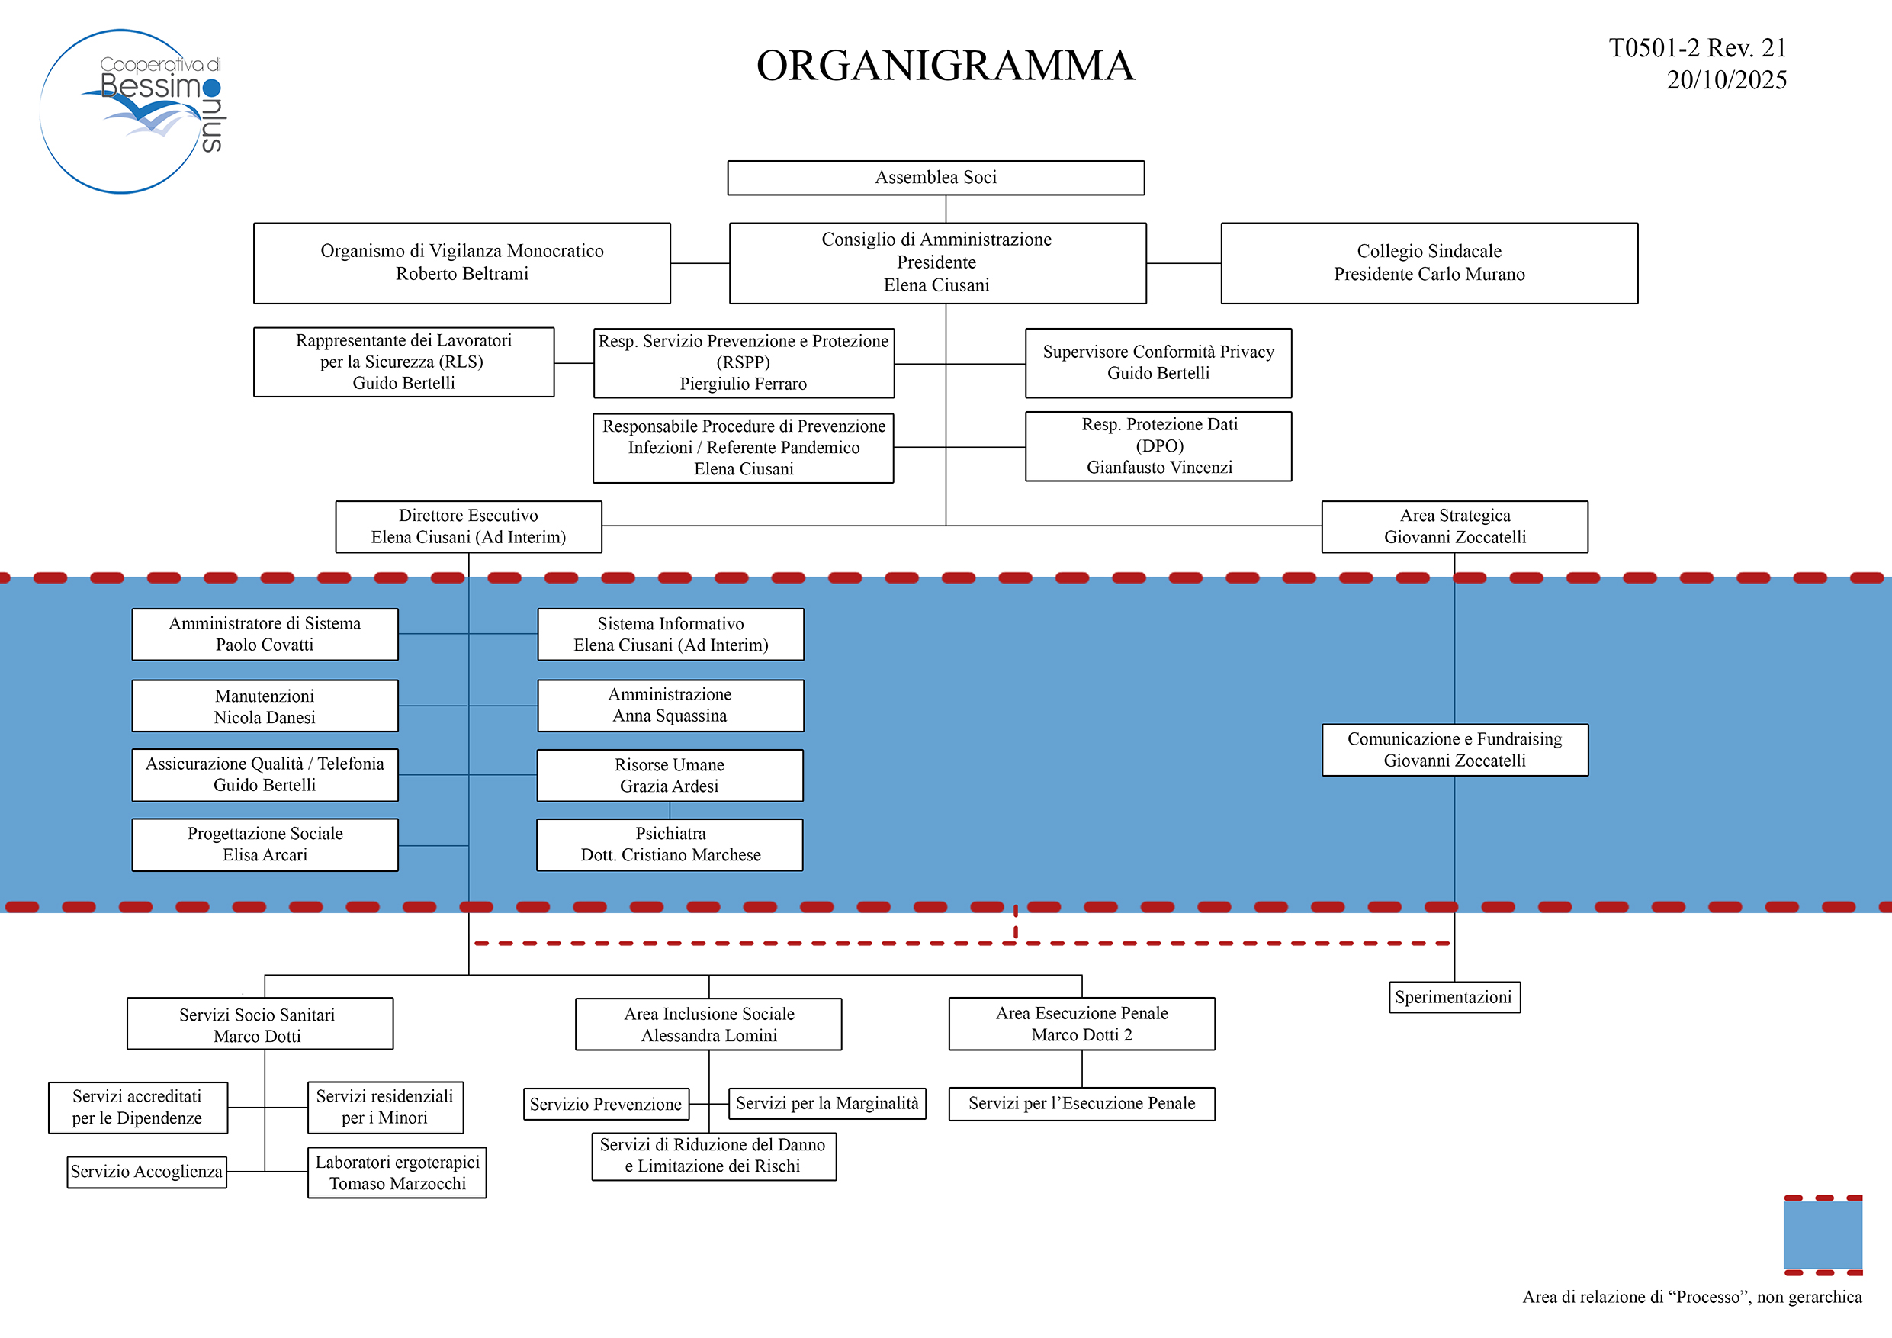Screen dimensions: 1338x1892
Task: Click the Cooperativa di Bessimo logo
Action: coord(132,111)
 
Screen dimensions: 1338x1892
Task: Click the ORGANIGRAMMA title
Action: coord(945,66)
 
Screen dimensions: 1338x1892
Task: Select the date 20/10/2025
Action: coord(1726,80)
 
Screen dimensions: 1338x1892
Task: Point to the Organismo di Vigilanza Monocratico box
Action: coord(461,262)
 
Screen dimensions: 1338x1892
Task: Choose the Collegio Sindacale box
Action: coord(1428,262)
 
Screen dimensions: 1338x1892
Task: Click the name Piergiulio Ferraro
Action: coord(743,384)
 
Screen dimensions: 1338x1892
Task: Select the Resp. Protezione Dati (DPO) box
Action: coord(1158,446)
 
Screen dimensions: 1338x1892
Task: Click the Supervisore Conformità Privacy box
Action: coord(1158,363)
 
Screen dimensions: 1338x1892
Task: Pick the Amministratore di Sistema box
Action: coord(265,634)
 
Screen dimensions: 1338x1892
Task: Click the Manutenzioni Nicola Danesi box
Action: coord(265,706)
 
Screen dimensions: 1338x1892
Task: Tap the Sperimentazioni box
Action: coord(1453,997)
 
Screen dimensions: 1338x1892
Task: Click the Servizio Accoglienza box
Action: coord(146,1171)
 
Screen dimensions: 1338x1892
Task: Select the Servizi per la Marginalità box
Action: coord(827,1103)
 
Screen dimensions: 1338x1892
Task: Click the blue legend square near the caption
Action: coord(1822,1234)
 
